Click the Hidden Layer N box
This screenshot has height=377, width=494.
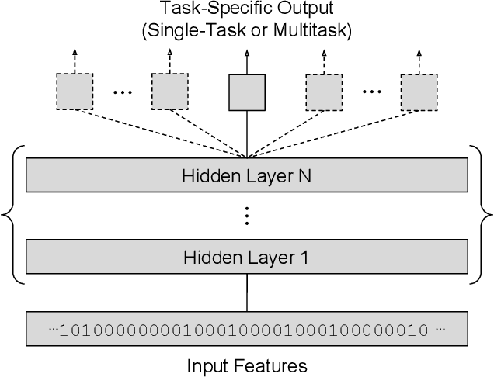pos(247,176)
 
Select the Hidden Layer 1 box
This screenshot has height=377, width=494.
pos(247,258)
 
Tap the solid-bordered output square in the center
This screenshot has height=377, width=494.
pos(247,92)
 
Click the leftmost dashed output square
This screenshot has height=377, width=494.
pos(74,92)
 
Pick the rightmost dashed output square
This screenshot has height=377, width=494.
pos(419,92)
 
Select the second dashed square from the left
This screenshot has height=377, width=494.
pos(169,92)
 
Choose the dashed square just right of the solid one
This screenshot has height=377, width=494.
pos(323,92)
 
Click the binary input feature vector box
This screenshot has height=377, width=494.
pos(247,329)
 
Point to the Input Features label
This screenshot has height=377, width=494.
pos(247,365)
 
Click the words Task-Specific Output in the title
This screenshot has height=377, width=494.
pos(247,9)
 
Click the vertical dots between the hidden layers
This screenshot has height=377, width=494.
pos(247,216)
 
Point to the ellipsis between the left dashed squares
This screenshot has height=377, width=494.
pos(122,92)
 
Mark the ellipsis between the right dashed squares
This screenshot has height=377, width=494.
pos(371,92)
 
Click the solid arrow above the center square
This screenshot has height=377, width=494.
pos(247,61)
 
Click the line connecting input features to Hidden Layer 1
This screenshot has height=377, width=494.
pos(247,293)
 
